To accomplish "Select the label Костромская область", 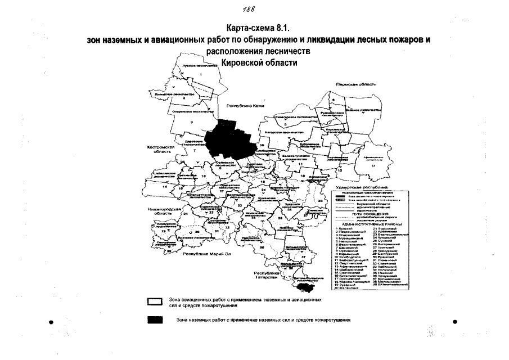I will coord(159,149).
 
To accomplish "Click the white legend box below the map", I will coord(154,303).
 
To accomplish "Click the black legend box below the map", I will coord(154,320).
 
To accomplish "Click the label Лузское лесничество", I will coord(200,66).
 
